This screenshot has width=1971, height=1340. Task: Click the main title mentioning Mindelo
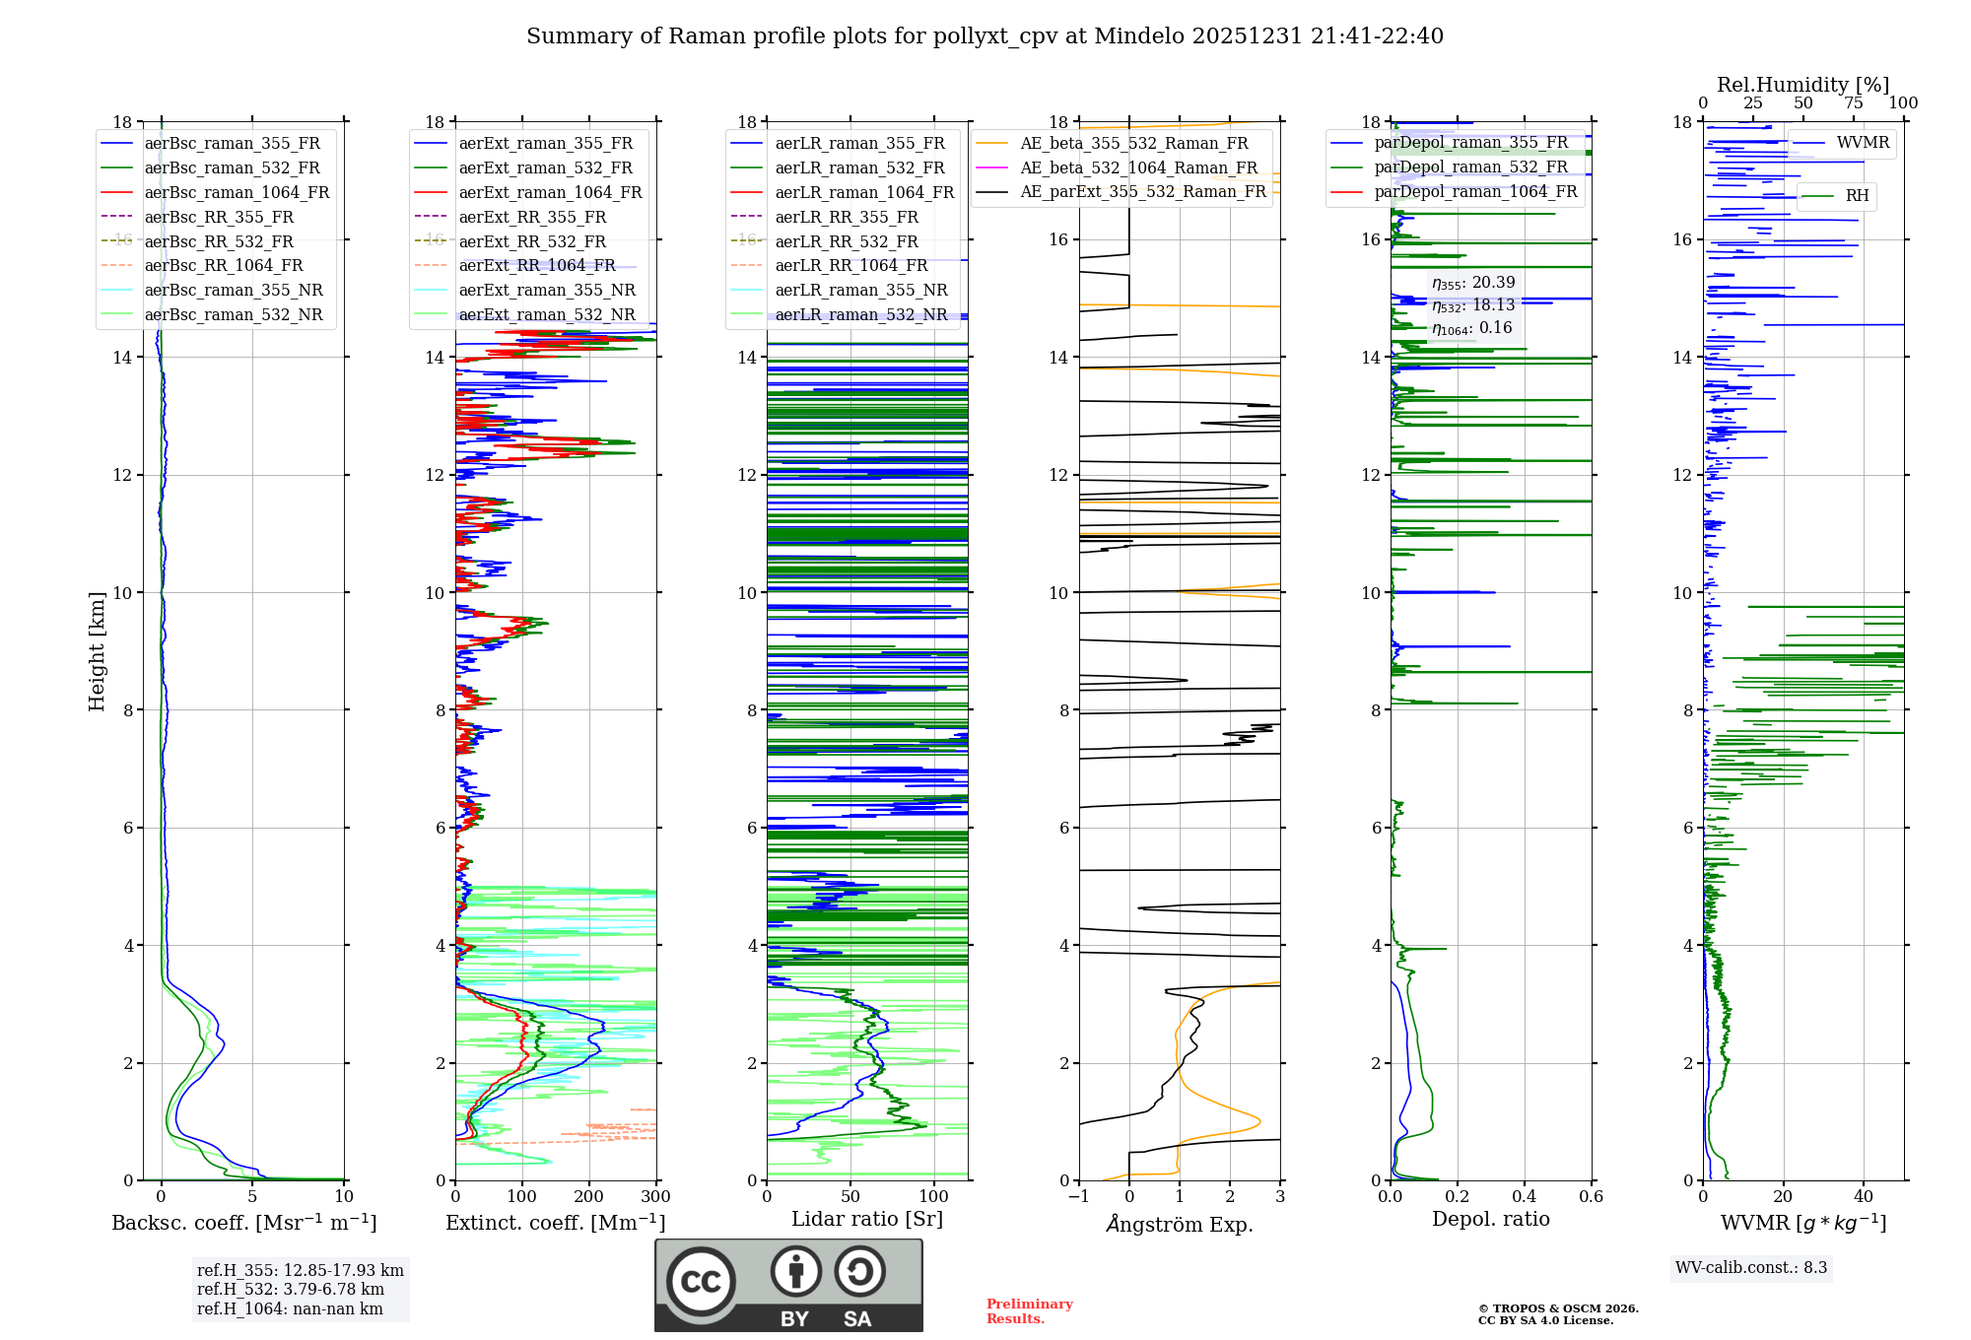point(985,36)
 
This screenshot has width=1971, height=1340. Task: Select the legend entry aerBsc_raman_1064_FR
point(237,193)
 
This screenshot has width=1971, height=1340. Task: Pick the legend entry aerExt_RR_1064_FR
point(536,266)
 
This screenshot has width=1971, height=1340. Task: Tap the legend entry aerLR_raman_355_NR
point(860,291)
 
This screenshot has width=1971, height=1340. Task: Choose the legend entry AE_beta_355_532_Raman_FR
point(1133,144)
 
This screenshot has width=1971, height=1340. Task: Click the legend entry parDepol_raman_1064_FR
point(1475,192)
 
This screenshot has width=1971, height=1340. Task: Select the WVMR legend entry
point(1863,143)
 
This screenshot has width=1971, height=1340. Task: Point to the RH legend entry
point(1857,196)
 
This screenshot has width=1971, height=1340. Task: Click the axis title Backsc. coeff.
point(243,1223)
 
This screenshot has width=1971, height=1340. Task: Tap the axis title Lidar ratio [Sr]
point(867,1220)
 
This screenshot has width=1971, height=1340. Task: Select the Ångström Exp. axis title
point(1180,1225)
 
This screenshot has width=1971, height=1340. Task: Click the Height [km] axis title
point(97,651)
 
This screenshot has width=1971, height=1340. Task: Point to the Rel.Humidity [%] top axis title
point(1802,85)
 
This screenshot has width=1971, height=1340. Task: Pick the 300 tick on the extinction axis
point(655,1197)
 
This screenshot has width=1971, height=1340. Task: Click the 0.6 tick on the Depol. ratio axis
point(1591,1197)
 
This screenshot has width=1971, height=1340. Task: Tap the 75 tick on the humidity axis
point(1853,103)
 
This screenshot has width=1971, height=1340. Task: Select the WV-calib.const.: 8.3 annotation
point(1750,1268)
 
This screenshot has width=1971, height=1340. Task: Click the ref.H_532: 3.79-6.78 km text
point(291,1290)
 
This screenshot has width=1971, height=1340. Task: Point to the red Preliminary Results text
point(1029,1311)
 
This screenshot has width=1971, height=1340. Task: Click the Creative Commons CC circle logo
point(701,1282)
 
